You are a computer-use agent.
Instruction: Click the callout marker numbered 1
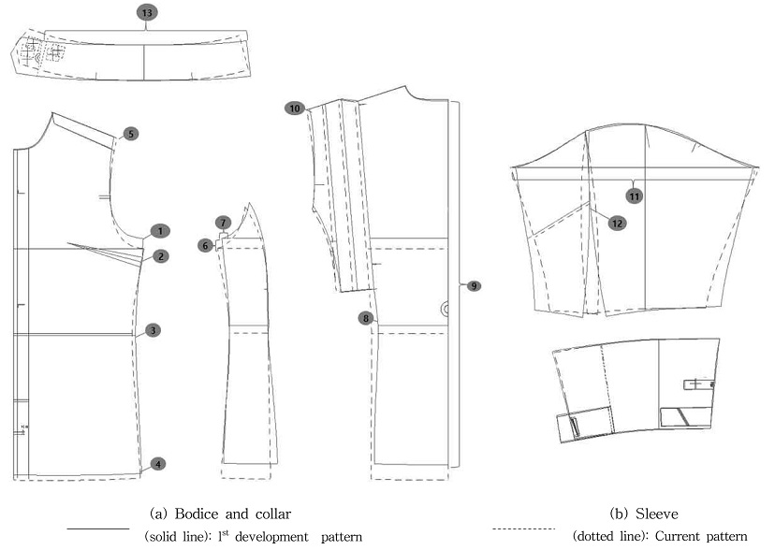coord(160,230)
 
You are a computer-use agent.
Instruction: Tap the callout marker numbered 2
coord(160,255)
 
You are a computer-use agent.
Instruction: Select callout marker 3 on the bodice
coord(153,329)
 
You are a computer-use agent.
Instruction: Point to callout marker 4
coord(159,463)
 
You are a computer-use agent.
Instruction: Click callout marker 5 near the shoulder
coord(130,134)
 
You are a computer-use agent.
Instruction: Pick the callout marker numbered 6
coord(205,244)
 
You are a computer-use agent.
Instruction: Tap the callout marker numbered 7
coord(222,223)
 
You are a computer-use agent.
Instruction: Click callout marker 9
coord(474,284)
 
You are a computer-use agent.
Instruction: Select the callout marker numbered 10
coord(295,109)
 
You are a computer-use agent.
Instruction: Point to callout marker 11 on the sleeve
coord(634,195)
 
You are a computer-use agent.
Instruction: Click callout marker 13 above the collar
coord(145,12)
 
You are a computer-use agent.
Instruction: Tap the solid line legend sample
coord(97,528)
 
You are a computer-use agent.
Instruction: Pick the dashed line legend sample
coord(524,528)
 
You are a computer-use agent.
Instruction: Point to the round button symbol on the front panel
coord(445,307)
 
